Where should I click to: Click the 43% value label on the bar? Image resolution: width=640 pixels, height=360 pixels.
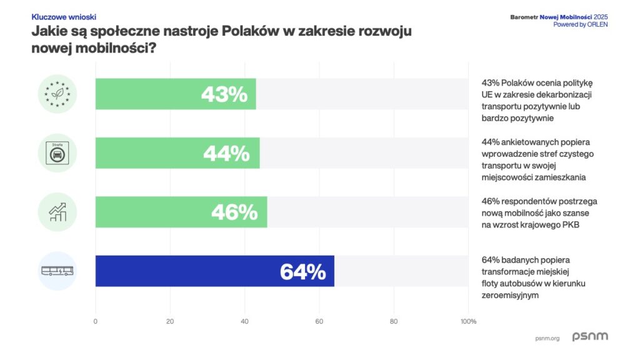pos(224,94)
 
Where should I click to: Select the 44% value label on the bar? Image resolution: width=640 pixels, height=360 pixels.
pos(226,154)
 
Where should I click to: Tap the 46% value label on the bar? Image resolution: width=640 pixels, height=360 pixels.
pos(234,212)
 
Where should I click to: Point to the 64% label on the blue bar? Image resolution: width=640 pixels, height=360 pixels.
pos(302,272)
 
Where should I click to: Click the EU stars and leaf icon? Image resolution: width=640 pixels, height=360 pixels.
pos(57,94)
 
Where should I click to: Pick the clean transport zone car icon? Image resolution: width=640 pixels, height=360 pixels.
pos(57,153)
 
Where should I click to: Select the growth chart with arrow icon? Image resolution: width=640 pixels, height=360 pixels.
pos(57,212)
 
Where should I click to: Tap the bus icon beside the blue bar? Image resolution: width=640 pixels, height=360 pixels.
pos(57,271)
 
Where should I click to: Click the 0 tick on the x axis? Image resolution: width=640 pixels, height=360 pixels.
pos(96,322)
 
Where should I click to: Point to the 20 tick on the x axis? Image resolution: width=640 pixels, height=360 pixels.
pos(170,322)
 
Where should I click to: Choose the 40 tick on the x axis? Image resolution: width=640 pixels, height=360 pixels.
pos(244,322)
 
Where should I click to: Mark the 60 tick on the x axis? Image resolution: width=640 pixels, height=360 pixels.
pos(319,322)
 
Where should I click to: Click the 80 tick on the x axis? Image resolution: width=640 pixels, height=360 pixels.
pos(394,322)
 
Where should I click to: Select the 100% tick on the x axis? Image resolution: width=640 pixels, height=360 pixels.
pos(468,322)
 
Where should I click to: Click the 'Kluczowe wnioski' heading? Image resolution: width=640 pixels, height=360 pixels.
pos(64,17)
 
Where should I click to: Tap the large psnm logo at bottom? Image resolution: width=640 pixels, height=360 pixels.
pos(590,337)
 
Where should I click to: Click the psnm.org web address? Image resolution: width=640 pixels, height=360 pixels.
pos(547,338)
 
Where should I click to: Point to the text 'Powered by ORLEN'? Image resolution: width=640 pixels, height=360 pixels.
pos(580,24)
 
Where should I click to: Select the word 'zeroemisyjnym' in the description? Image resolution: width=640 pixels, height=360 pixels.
pos(510,295)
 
